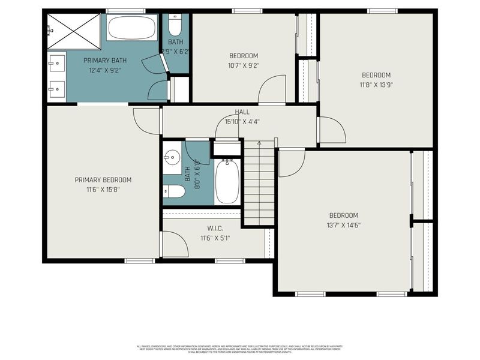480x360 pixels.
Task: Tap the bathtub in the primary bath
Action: tap(132, 28)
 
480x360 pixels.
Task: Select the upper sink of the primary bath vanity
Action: tap(56, 62)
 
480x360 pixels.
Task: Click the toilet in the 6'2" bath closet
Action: tap(175, 25)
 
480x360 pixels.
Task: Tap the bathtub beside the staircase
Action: tap(227, 181)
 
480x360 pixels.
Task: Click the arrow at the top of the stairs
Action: tap(259, 144)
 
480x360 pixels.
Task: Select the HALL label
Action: tap(242, 112)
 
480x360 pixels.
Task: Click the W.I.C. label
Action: tap(215, 228)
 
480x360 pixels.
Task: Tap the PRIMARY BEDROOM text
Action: tap(103, 180)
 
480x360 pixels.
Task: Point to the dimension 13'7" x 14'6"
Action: tap(343, 225)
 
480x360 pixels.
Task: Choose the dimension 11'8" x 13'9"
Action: tap(376, 85)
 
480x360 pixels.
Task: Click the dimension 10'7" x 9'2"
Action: tap(243, 65)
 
